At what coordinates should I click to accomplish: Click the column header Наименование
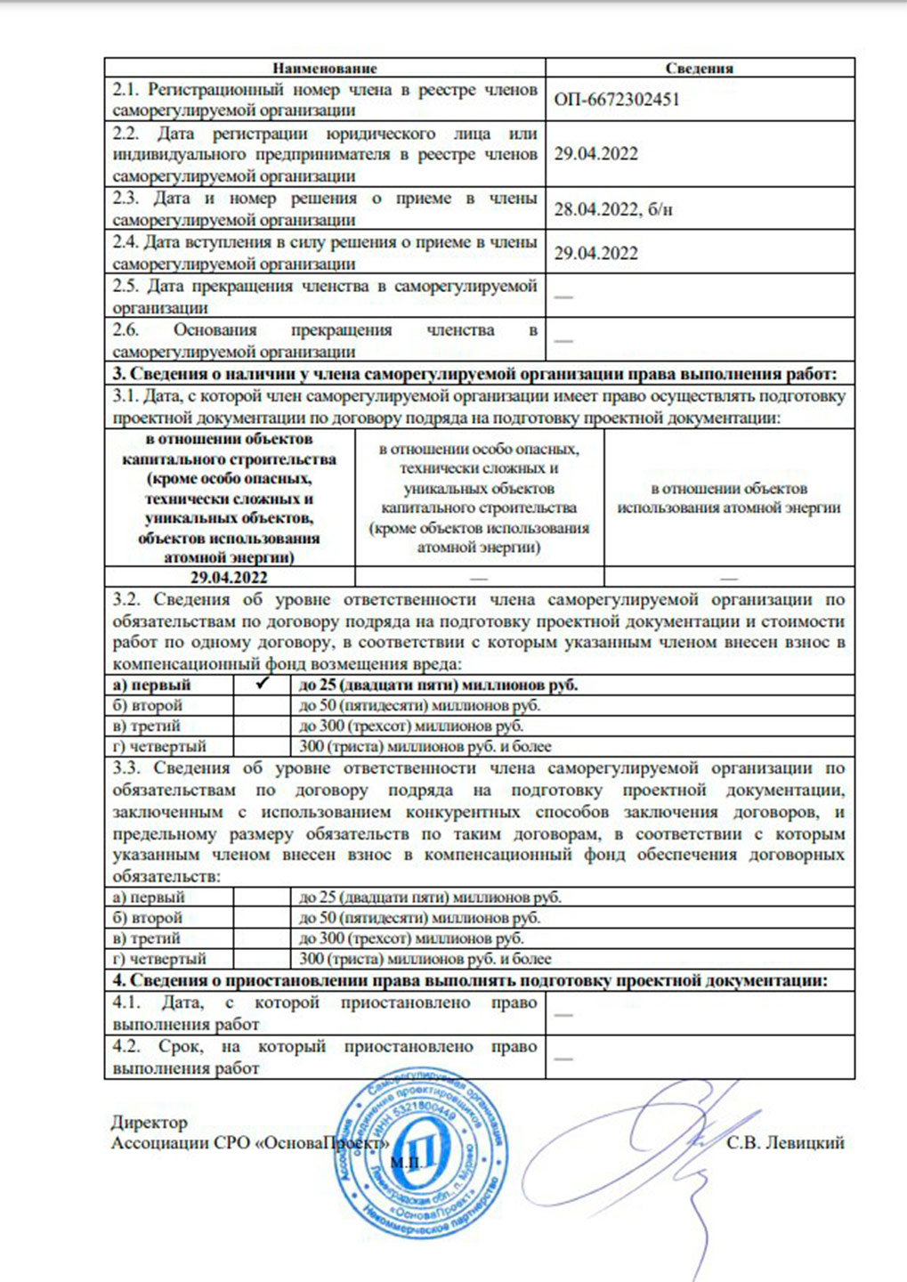324,69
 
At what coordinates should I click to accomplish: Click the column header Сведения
699,69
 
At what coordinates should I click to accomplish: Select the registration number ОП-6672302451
616,100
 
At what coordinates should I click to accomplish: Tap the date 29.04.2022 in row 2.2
595,154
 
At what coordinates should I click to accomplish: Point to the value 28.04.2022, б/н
613,209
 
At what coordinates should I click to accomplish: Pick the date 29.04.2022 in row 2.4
595,254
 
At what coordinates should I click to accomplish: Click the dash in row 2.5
563,296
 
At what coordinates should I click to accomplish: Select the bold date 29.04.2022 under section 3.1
229,578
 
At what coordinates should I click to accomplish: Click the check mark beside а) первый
262,685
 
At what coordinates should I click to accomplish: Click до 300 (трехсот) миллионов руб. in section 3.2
411,726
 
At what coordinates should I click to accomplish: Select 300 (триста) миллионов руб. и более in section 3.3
425,959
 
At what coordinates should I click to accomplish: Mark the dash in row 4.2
563,1058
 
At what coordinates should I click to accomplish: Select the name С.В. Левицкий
784,1143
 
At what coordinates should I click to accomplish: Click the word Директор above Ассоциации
149,1123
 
